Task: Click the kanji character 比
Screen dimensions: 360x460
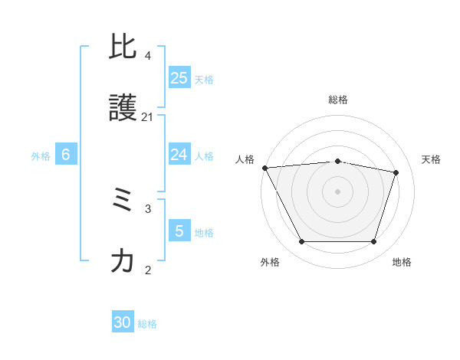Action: (123, 47)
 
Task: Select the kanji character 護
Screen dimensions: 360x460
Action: (123, 109)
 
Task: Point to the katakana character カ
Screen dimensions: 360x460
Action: (123, 262)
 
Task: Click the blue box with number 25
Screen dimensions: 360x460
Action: (179, 78)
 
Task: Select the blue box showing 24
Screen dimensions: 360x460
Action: (179, 155)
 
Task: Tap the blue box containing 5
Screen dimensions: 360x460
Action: (179, 231)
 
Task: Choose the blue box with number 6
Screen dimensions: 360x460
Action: (66, 155)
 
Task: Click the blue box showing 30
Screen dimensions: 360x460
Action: (123, 322)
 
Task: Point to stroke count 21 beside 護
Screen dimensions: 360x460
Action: (147, 116)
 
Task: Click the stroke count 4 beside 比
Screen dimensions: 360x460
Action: (147, 56)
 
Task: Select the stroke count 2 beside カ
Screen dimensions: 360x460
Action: (147, 270)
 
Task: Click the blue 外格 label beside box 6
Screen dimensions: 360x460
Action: (41, 155)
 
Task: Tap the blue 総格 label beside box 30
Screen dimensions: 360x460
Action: (147, 324)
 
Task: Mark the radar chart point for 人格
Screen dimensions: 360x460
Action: (264, 168)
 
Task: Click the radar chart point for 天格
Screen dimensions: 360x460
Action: (396, 172)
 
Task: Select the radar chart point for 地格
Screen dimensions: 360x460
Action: (373, 242)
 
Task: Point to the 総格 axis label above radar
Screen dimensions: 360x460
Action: (338, 100)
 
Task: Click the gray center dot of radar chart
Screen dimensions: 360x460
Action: (338, 191)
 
